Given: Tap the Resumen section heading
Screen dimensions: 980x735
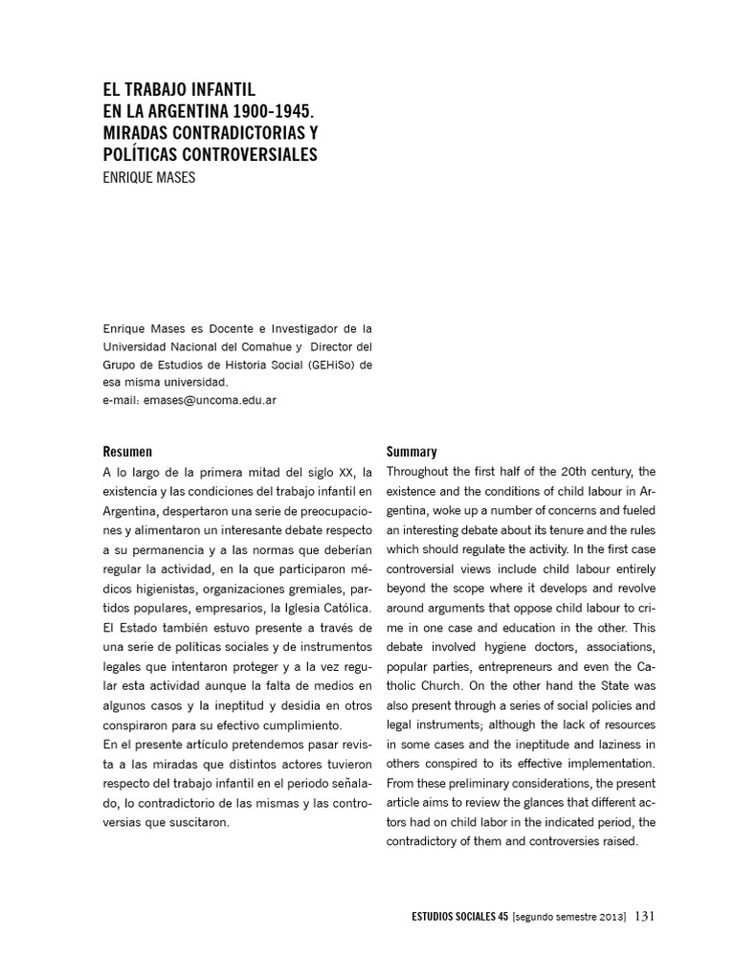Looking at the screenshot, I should (x=127, y=451).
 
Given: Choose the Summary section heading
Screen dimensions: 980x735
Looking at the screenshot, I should (x=412, y=451).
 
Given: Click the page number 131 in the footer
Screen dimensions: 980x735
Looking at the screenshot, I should (x=644, y=916).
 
